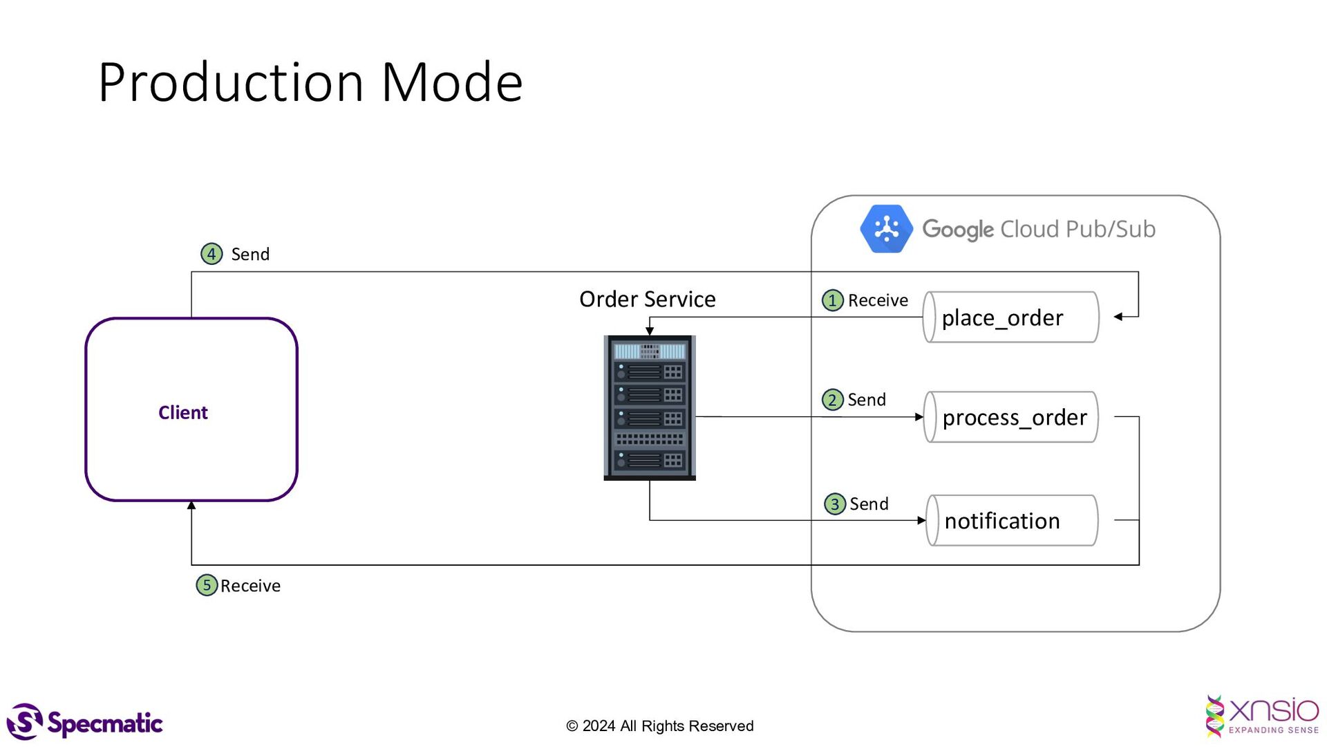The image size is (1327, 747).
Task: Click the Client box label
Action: click(x=182, y=412)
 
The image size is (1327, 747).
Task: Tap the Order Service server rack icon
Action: click(x=650, y=408)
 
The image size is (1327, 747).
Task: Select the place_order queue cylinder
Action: click(x=1010, y=317)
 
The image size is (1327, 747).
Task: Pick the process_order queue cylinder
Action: click(x=1010, y=417)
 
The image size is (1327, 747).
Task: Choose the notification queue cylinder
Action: click(x=1012, y=521)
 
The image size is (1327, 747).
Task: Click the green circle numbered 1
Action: click(x=832, y=300)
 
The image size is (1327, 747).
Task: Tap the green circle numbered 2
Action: click(x=832, y=400)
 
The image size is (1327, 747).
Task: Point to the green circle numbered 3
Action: click(x=835, y=504)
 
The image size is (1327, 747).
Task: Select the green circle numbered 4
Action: click(x=211, y=254)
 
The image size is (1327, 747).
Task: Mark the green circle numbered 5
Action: click(x=206, y=585)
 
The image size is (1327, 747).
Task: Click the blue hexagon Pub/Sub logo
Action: click(x=886, y=229)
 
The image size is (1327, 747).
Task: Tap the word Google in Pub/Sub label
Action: click(x=958, y=229)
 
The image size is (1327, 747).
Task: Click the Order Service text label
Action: click(x=647, y=299)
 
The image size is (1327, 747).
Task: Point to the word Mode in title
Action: click(x=452, y=82)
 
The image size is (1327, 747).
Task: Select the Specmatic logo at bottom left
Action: click(x=84, y=723)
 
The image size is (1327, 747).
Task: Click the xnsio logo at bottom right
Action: click(x=1262, y=717)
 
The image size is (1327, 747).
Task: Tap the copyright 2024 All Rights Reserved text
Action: click(x=660, y=726)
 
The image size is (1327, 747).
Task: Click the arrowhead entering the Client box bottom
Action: click(x=191, y=506)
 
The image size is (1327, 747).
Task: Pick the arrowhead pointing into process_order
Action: click(x=919, y=417)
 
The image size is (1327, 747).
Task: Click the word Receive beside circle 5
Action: click(x=250, y=586)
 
